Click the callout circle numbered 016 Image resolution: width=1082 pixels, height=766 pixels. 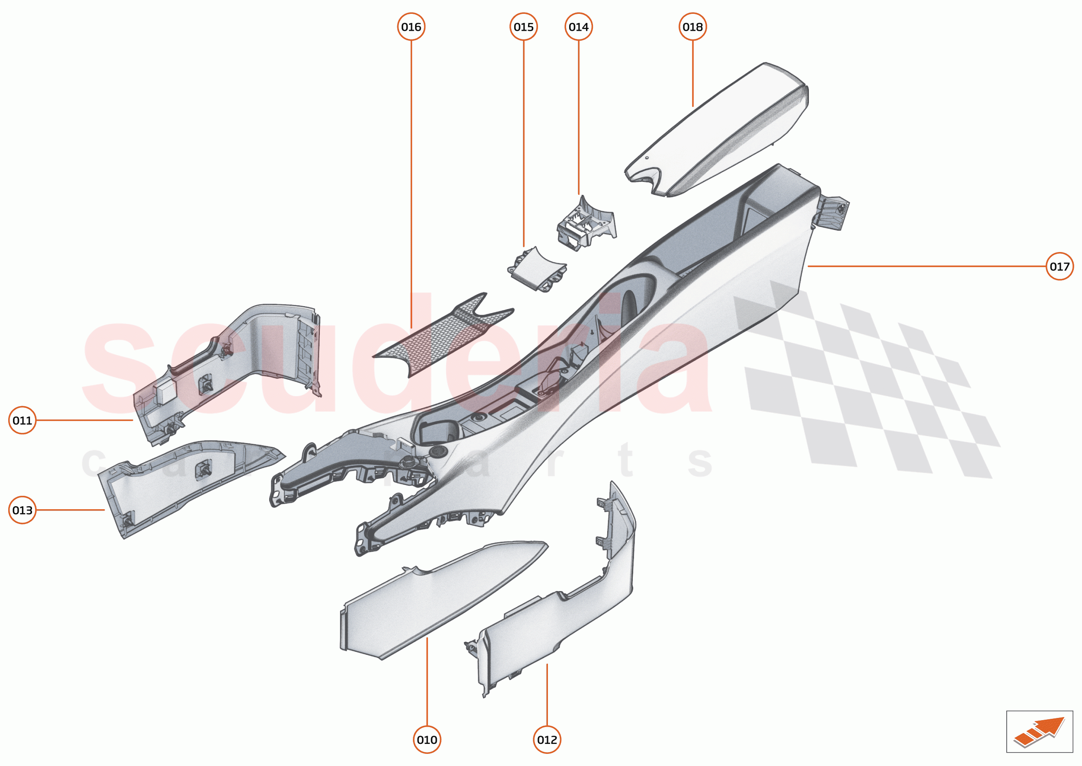[x=411, y=27]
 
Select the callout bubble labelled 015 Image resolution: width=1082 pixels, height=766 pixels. [x=523, y=27]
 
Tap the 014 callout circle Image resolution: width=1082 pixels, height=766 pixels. [x=579, y=27]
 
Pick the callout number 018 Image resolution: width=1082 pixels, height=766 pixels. [x=692, y=27]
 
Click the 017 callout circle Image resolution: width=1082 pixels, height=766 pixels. [x=1059, y=266]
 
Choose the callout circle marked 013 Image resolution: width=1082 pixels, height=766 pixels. [x=22, y=510]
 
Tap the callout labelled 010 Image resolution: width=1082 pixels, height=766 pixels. [x=427, y=740]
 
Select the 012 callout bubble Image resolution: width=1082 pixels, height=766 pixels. [x=547, y=740]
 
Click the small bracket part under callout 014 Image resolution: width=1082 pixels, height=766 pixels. [x=586, y=224]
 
